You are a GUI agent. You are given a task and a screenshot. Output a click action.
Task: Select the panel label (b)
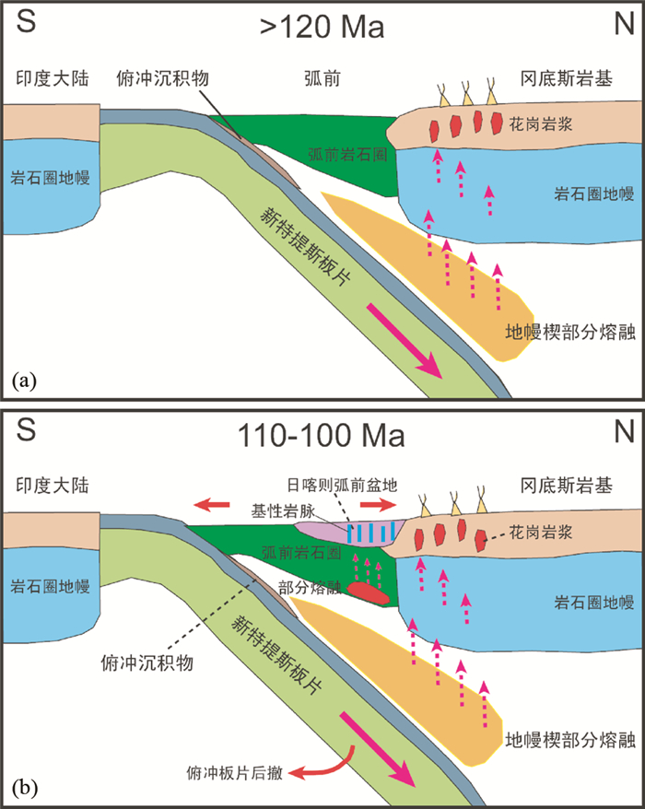[24, 787]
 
